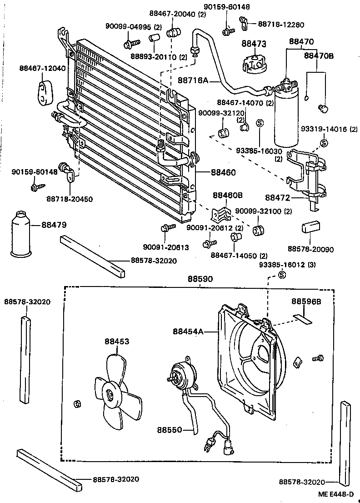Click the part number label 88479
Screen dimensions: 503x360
coord(54,224)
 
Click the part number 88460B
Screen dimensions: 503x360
coord(228,196)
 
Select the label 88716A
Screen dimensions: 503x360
coord(193,80)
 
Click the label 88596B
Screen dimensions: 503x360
coord(306,302)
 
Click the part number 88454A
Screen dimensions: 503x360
coord(188,331)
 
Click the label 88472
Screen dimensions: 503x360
coord(277,197)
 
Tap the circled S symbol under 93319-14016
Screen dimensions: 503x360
coord(324,143)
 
